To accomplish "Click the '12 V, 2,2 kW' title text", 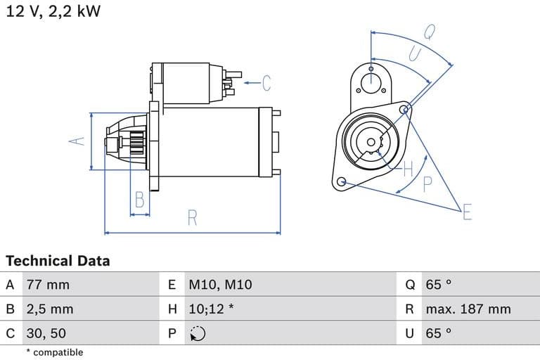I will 53,13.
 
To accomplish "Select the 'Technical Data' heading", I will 58,261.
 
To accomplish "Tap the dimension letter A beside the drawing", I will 79,141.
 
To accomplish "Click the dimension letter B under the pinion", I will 140,200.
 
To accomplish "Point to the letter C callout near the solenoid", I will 266,83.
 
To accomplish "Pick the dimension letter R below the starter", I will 193,218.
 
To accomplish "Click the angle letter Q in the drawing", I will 429,32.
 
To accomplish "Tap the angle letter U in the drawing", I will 415,54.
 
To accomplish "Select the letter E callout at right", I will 467,212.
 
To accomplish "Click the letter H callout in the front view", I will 408,169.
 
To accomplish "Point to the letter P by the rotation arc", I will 427,185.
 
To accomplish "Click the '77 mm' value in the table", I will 48,285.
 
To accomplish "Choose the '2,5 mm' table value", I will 50,309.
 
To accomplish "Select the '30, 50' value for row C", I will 47,333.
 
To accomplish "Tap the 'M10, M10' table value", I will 219,285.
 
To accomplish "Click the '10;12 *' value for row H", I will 211,309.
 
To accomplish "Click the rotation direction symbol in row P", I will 197,334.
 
